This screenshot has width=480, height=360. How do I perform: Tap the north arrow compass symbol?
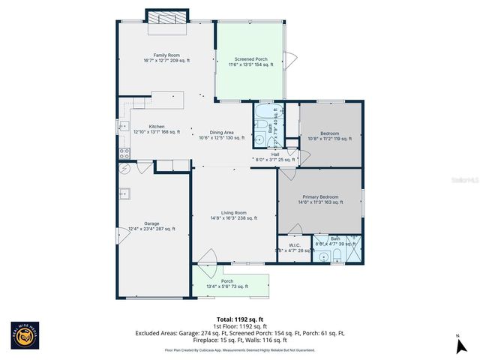pos(457,346)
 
